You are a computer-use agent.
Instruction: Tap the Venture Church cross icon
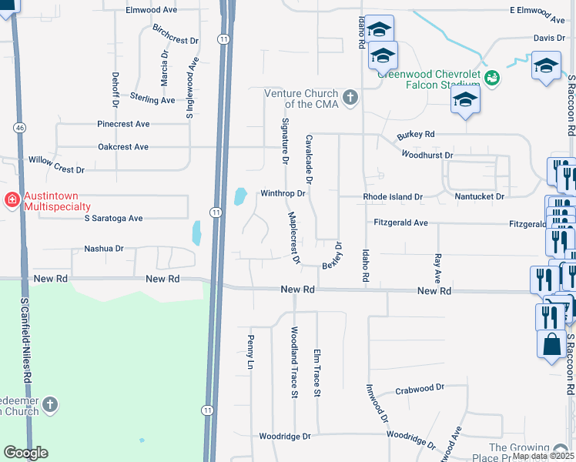(350, 97)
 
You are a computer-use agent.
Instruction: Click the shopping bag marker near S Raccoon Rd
(552, 346)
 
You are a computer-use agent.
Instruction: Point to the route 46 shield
(17, 126)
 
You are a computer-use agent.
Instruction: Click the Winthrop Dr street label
(283, 193)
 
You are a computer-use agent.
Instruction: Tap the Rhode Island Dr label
(393, 197)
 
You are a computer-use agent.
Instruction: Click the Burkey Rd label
(416, 134)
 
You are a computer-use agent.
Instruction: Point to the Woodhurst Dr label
(427, 155)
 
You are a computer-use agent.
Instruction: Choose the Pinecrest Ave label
(123, 123)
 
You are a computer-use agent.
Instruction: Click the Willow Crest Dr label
(56, 164)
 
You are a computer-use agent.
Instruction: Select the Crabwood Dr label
(420, 389)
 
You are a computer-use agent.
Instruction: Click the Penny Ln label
(250, 352)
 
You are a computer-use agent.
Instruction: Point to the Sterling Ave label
(152, 99)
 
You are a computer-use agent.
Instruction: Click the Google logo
(26, 453)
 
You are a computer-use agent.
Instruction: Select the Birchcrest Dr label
(176, 35)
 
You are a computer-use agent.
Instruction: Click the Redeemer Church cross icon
(50, 404)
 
